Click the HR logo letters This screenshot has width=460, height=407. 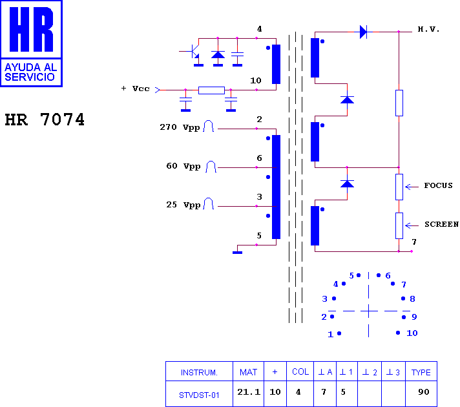point(31,29)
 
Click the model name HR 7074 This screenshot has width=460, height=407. point(45,120)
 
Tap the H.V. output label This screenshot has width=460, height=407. point(428,29)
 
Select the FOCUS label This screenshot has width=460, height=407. point(438,185)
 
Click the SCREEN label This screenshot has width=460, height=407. point(441,224)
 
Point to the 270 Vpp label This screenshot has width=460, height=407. point(180,127)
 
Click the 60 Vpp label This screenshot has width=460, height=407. point(183,166)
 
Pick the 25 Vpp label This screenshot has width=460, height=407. point(183,205)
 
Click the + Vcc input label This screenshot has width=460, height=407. point(135,89)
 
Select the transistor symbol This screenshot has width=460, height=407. point(194,52)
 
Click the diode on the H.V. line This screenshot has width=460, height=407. point(363,32)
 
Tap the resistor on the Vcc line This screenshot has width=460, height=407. point(211,90)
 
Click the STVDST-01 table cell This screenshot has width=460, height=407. point(199,395)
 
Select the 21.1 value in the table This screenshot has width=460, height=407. point(249,391)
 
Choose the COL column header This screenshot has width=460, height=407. point(300,371)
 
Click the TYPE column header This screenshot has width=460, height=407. point(421,372)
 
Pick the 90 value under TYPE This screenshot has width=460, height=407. point(424,391)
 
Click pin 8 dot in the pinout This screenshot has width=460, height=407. point(403,298)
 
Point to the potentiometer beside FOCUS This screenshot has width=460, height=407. point(399,187)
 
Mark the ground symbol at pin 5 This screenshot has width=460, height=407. point(237,253)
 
